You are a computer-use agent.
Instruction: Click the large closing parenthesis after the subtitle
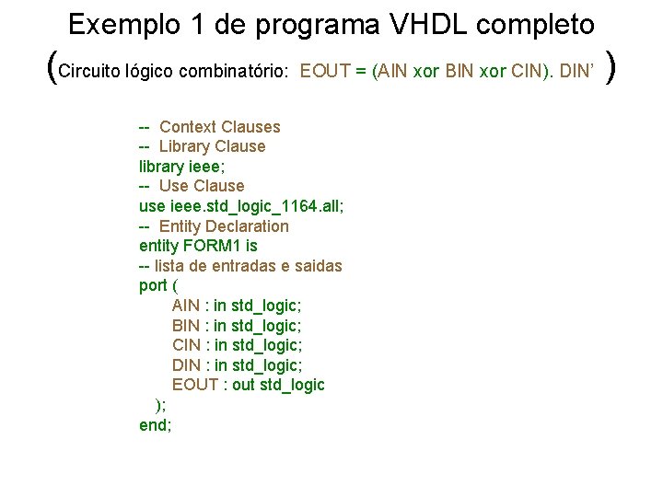click(x=613, y=66)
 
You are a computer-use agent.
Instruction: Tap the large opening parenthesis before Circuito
click(x=51, y=66)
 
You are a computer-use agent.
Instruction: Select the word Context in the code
click(x=188, y=127)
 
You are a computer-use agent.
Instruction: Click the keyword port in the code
click(x=153, y=285)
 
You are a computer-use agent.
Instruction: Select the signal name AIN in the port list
click(x=187, y=306)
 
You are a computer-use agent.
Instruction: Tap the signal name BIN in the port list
click(x=187, y=326)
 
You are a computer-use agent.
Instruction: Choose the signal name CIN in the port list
click(x=187, y=345)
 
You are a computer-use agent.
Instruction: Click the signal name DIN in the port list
click(x=187, y=365)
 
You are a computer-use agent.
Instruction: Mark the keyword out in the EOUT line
click(x=243, y=385)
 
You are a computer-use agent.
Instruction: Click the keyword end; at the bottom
click(x=155, y=425)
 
